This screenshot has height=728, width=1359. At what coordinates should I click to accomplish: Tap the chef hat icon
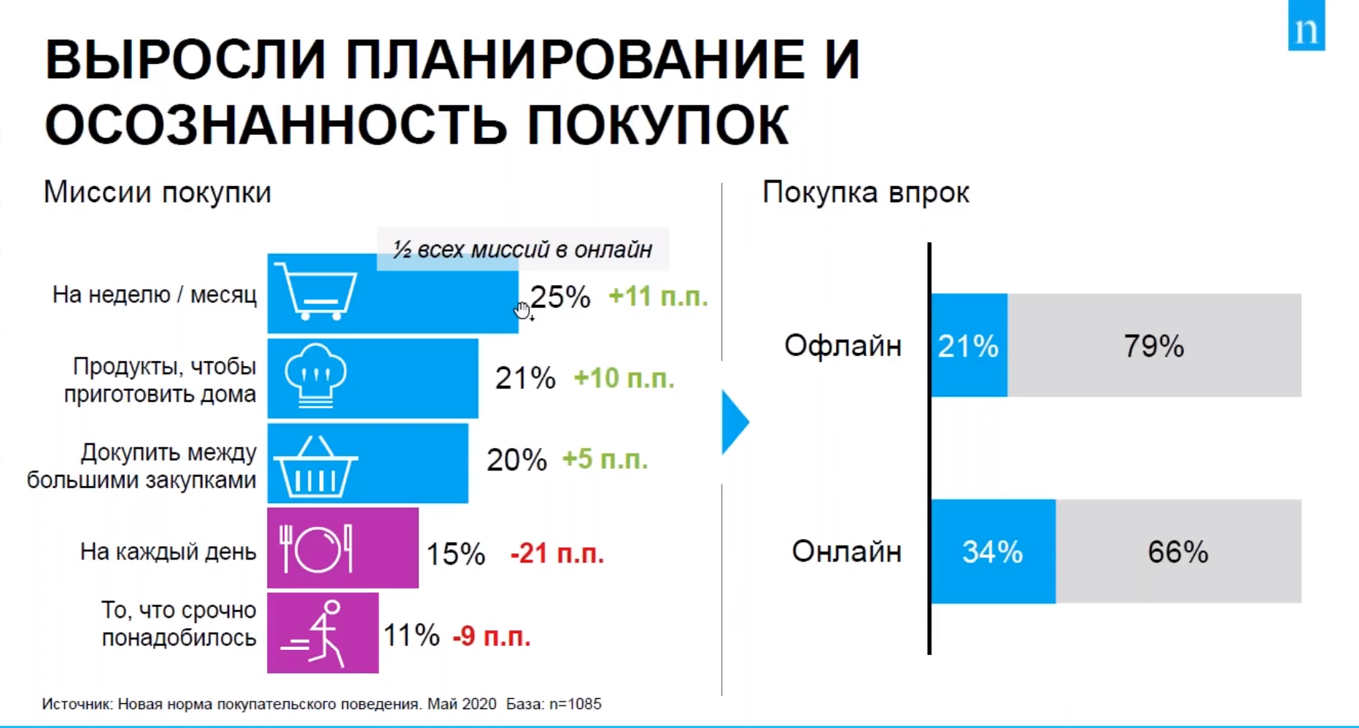[315, 376]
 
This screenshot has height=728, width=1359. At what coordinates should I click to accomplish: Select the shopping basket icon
[317, 467]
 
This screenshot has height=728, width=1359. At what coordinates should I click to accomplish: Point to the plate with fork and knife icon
[316, 549]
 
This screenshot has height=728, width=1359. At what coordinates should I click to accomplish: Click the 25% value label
[560, 297]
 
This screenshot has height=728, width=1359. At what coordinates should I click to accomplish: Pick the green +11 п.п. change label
[658, 297]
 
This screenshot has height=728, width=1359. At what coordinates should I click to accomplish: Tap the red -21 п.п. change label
[557, 554]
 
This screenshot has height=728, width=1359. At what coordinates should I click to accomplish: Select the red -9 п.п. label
[492, 636]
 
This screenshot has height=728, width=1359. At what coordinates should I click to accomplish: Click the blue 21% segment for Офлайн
[969, 346]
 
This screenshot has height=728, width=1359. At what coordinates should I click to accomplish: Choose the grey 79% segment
[1154, 346]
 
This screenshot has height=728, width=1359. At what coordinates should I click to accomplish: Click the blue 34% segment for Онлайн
[993, 551]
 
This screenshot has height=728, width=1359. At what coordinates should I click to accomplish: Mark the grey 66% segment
[1178, 551]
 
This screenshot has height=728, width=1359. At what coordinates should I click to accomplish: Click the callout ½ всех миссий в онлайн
[522, 249]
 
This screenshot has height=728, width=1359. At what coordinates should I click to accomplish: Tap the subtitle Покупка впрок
[866, 193]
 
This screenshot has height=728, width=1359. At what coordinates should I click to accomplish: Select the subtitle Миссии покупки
[158, 193]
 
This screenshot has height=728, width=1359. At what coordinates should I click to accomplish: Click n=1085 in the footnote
[576, 704]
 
